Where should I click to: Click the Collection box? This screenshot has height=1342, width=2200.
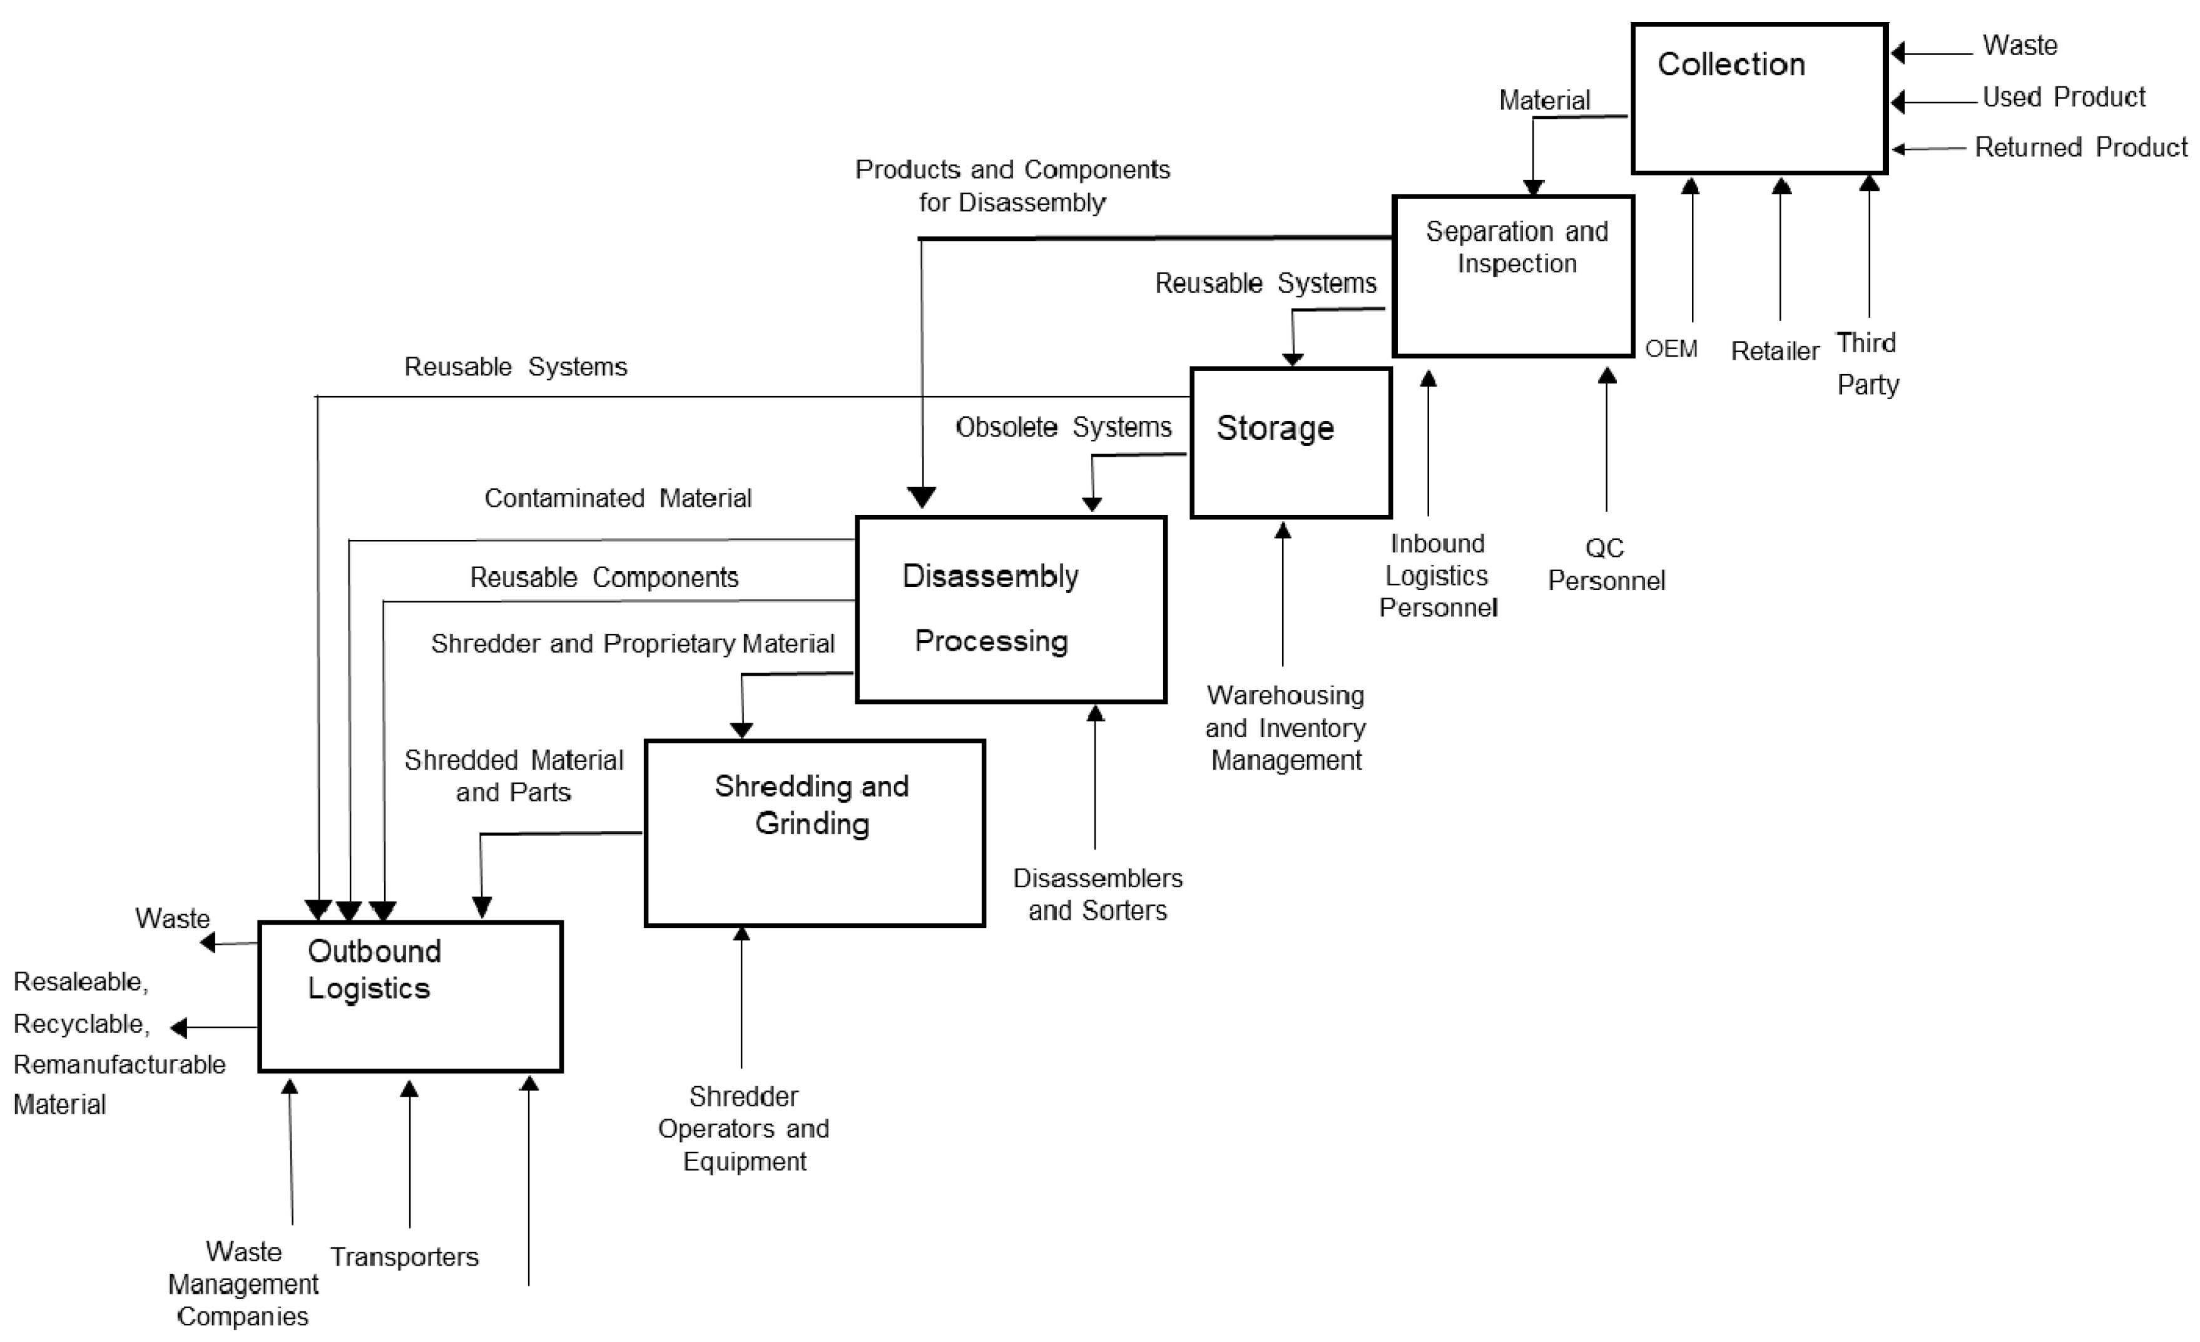click(1758, 98)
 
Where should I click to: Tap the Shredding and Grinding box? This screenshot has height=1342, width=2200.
click(813, 832)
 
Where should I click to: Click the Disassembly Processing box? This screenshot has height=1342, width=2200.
click(1010, 609)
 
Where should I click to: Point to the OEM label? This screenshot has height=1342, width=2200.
click(1671, 348)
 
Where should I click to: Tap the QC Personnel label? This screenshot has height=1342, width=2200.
click(1606, 564)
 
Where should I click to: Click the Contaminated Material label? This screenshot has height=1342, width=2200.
click(617, 498)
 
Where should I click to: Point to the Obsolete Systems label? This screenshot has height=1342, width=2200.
click(1062, 428)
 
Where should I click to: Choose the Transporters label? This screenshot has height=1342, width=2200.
click(404, 1257)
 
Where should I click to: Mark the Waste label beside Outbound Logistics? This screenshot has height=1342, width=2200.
click(172, 919)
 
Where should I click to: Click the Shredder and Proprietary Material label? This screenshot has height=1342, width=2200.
click(632, 644)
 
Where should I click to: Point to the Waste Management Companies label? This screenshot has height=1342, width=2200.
click(243, 1284)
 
